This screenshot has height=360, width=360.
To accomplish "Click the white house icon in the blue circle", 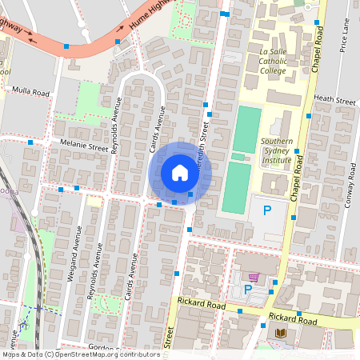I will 180,173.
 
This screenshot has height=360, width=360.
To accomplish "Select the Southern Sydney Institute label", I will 276,151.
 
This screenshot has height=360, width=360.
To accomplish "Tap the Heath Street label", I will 334,101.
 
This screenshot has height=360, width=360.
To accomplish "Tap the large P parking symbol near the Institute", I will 268,211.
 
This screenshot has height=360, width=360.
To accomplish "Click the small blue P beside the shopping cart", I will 248,289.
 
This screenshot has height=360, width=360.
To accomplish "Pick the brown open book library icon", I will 280,333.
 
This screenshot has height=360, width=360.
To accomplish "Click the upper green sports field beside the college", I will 247,130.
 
